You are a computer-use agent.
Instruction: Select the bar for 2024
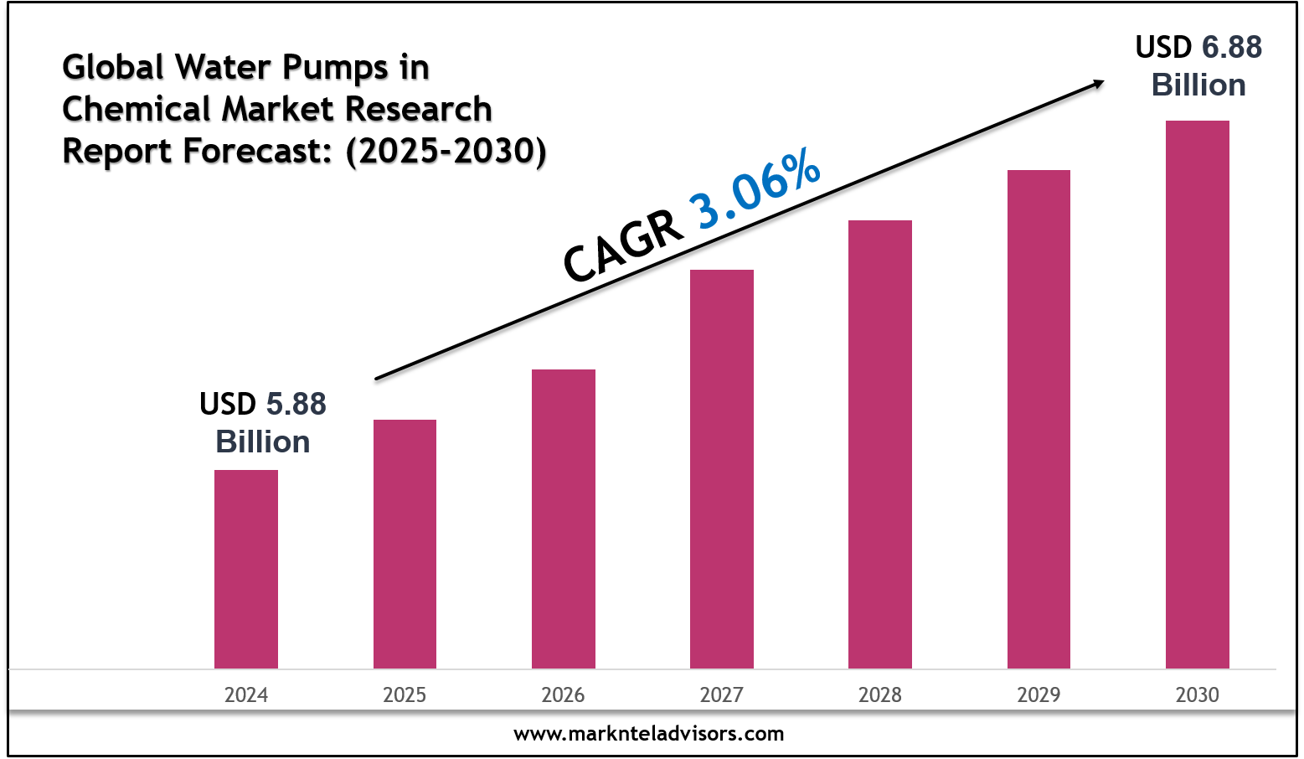tap(245, 569)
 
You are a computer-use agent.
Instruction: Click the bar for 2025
tap(405, 544)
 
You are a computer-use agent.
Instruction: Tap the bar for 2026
tap(563, 519)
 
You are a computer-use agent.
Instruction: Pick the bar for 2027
tap(721, 469)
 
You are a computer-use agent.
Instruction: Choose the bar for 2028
tap(879, 444)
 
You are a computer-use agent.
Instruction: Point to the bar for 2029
tap(1039, 419)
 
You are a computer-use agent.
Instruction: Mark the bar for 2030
tap(1197, 394)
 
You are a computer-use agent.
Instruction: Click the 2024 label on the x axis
tap(245, 694)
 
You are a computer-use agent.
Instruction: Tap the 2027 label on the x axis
tap(721, 694)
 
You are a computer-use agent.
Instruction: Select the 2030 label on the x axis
tap(1197, 694)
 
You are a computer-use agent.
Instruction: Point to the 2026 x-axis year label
tap(563, 694)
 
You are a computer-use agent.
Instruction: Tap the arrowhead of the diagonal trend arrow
tap(1097, 83)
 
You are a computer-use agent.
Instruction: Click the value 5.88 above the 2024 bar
tap(296, 405)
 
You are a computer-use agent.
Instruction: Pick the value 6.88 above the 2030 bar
tap(1231, 48)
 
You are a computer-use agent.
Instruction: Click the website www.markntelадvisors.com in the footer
tap(648, 734)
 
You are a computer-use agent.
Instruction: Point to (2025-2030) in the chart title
tap(446, 152)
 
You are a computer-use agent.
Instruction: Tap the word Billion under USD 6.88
tap(1198, 85)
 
